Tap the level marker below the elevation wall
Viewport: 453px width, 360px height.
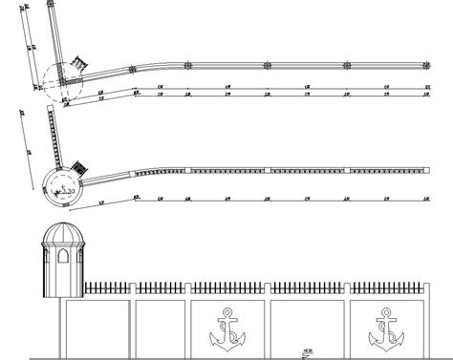(x=308, y=349)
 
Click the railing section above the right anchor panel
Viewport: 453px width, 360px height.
(x=385, y=286)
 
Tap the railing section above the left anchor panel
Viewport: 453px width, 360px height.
(x=230, y=286)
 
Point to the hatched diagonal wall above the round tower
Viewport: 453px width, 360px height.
(x=57, y=134)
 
